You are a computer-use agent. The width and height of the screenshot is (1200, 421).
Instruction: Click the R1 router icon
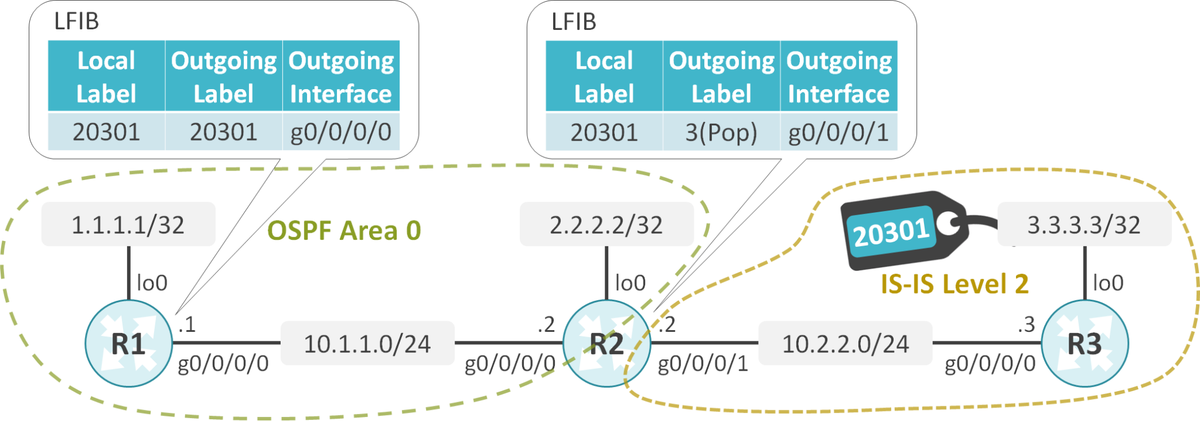(128, 344)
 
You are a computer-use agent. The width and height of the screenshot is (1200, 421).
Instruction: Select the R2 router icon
(606, 344)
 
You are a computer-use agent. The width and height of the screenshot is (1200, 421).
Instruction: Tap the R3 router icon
(1085, 344)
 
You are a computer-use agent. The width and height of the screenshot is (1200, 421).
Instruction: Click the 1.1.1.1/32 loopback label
(128, 225)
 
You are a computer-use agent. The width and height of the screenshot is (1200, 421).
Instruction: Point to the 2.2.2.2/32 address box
(606, 225)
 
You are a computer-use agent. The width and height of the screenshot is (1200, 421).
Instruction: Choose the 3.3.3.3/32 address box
(1085, 225)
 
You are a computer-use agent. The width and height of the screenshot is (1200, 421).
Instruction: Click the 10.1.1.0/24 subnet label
(367, 344)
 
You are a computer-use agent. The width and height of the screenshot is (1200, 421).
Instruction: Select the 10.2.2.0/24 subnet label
(846, 344)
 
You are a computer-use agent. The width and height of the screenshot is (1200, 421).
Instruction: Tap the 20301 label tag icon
(902, 230)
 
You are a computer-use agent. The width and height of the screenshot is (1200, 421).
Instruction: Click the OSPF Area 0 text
(344, 230)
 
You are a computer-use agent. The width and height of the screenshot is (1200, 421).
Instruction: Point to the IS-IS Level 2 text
(954, 284)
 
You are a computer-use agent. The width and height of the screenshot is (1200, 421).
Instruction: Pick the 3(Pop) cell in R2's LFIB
(721, 133)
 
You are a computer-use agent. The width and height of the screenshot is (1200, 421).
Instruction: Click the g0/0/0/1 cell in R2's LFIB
(838, 133)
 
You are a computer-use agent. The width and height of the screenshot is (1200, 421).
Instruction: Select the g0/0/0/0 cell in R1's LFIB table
(341, 132)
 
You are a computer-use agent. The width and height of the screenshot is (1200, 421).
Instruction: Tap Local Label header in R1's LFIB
(107, 76)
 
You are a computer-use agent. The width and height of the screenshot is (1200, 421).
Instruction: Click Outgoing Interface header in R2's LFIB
(838, 76)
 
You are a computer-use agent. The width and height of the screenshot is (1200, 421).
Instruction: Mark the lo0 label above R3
(1108, 283)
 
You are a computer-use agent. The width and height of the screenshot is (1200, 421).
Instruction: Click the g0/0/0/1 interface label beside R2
(703, 364)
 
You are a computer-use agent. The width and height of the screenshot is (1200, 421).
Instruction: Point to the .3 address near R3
(1026, 324)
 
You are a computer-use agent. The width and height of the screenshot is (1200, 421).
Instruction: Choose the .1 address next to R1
(186, 324)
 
